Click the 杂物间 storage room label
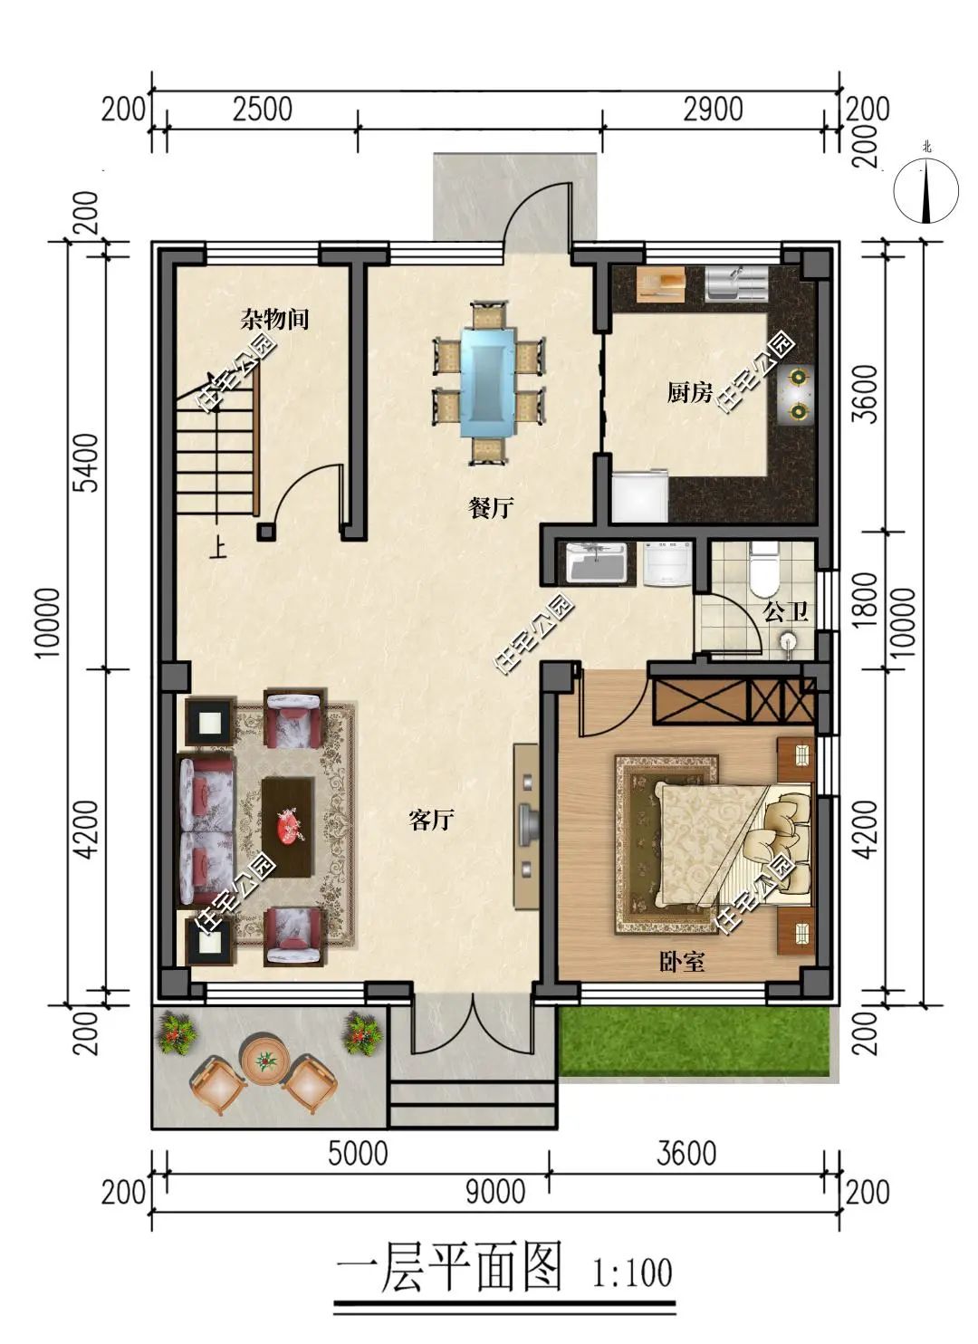point(274,319)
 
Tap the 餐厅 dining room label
point(490,507)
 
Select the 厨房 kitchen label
point(690,393)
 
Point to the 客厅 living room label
point(431,819)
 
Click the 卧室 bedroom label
point(682,962)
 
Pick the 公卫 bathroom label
point(786,612)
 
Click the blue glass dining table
point(488,381)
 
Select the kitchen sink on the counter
point(735,283)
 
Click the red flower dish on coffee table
point(290,826)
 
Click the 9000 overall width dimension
point(495,1191)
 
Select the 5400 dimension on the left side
point(89,463)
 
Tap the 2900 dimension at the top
point(713,110)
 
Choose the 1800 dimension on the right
point(866,600)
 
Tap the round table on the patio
point(264,1061)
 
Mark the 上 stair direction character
point(218,549)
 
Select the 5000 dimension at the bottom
point(359,1153)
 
